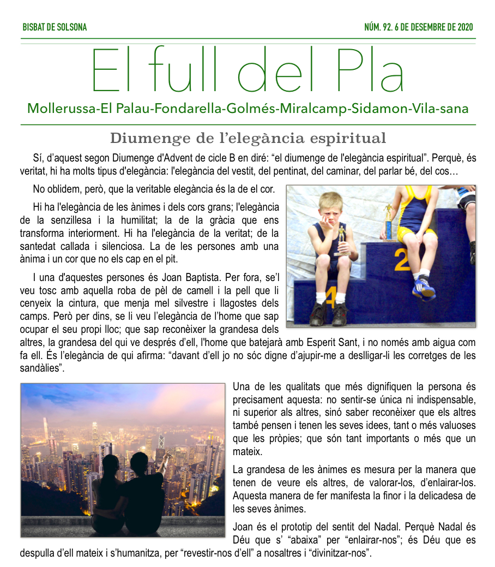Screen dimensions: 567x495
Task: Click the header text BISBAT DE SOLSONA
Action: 55,27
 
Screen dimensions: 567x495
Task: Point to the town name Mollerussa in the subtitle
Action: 60,108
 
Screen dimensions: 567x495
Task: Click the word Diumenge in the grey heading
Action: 143,138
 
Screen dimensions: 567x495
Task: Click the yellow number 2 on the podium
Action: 402,261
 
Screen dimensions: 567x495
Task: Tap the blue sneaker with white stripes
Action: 424,287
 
